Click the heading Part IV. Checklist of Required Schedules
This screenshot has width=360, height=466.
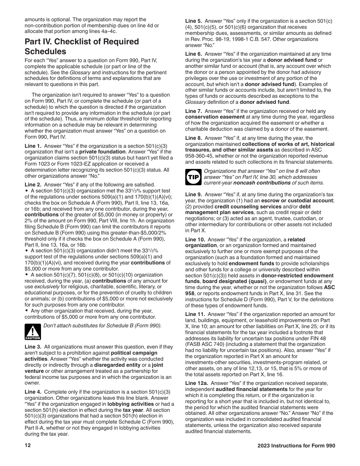coord(81,47)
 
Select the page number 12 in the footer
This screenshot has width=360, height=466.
coord(28,446)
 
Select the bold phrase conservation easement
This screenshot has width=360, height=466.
coord(215,117)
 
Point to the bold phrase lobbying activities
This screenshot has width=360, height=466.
coord(129,404)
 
